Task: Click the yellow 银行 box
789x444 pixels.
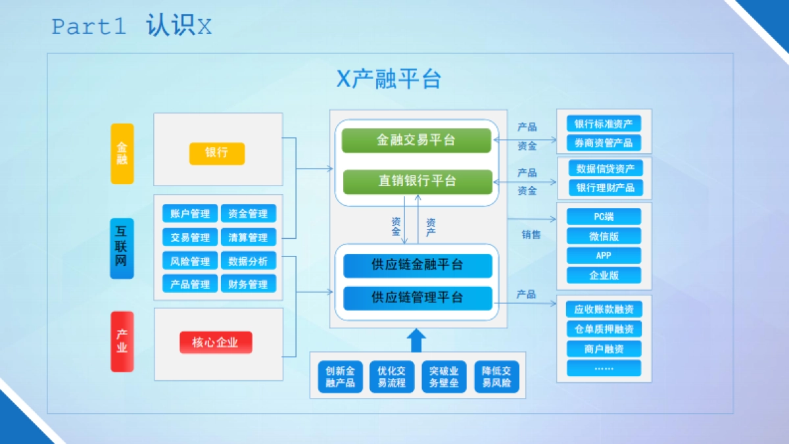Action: point(216,153)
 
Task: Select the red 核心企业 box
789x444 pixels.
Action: point(216,343)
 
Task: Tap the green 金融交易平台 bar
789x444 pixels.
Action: point(416,141)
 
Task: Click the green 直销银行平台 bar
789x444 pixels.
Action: point(417,182)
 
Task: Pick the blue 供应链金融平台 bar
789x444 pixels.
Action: point(418,265)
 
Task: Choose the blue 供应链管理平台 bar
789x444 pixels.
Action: point(418,298)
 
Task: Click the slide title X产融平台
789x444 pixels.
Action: point(389,79)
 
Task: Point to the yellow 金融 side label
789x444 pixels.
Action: point(122,154)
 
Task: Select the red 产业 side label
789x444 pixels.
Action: point(122,341)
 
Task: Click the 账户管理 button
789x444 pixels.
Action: point(190,214)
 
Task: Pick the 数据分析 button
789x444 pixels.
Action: point(248,261)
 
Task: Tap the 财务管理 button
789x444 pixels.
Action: point(248,284)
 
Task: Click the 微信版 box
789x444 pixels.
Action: point(604,236)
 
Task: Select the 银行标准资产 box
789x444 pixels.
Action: point(604,124)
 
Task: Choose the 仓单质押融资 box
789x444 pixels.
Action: point(604,329)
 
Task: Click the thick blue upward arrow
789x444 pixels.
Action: point(416,341)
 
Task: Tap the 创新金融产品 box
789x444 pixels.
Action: point(340,377)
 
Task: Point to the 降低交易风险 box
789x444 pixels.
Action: point(496,377)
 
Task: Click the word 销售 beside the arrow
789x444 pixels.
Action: point(531,235)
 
